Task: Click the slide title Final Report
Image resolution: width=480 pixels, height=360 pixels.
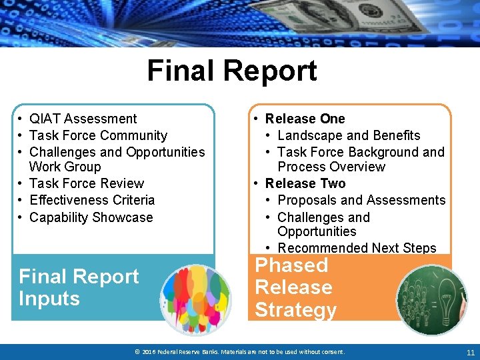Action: [231, 71]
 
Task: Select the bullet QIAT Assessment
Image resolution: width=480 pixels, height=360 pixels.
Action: [83, 119]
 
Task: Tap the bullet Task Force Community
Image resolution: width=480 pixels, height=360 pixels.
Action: [98, 135]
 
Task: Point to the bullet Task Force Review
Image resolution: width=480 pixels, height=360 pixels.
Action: [87, 183]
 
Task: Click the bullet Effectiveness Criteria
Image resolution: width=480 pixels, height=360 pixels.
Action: [92, 200]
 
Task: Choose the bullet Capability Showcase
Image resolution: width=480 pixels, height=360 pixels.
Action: [91, 217]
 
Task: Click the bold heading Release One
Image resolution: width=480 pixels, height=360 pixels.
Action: [305, 119]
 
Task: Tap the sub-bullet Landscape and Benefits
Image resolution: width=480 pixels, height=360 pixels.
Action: [349, 135]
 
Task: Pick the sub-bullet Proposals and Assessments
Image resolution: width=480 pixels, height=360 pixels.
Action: [361, 200]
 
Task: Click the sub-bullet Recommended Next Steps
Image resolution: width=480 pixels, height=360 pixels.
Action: [357, 248]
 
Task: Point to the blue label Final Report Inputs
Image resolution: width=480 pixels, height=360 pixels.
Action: [79, 287]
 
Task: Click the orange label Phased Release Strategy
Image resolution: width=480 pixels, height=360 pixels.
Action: [295, 287]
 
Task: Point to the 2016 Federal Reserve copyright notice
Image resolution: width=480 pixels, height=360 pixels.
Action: [239, 352]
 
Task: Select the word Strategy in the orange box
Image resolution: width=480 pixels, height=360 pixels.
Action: [295, 310]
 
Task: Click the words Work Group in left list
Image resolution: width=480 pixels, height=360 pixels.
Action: [65, 167]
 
